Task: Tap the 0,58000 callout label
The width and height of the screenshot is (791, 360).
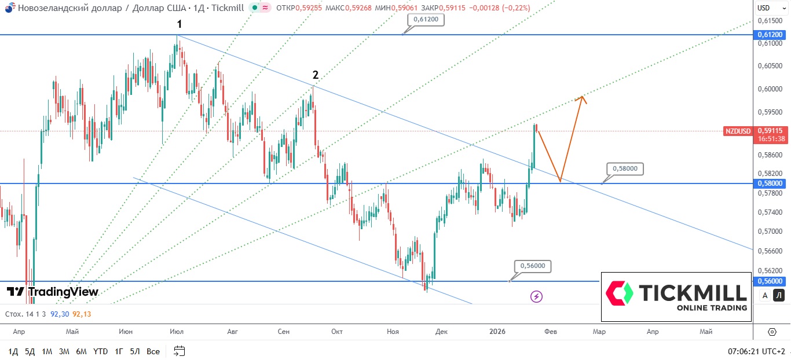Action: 625,168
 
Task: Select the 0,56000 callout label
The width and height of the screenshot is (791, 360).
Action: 533,266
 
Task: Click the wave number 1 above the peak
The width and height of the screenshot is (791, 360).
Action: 180,24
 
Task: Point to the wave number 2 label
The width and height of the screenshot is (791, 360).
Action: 316,75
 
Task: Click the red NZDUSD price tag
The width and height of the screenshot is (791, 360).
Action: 738,131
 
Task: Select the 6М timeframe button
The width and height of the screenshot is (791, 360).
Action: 81,351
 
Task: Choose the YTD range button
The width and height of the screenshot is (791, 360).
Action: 100,351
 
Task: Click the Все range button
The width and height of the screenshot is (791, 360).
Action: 153,351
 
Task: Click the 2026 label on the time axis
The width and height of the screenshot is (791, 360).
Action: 497,332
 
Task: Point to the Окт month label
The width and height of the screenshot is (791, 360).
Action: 337,332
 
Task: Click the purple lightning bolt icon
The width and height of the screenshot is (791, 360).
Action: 537,296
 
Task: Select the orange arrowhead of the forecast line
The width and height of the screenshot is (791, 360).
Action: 581,98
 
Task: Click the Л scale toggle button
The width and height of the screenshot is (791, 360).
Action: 779,296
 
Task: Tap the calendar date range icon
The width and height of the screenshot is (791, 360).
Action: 179,351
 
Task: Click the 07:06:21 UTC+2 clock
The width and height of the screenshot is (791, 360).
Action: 756,351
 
